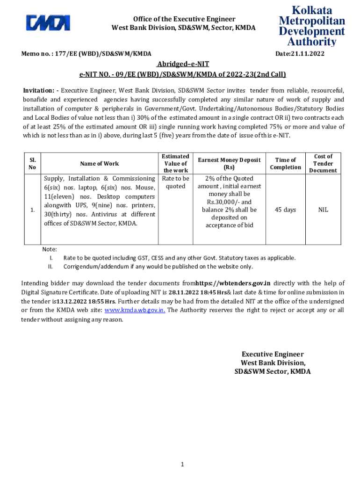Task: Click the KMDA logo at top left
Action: pyautogui.click(x=48, y=23)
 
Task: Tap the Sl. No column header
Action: pyautogui.click(x=32, y=163)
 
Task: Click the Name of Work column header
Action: pyautogui.click(x=100, y=163)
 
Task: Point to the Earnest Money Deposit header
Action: pyautogui.click(x=229, y=163)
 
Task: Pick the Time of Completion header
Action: pyautogui.click(x=285, y=163)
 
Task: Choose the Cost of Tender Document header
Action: pyautogui.click(x=323, y=163)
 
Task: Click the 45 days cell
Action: pyautogui.click(x=285, y=210)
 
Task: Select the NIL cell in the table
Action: pyautogui.click(x=323, y=210)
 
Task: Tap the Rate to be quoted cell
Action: pyautogui.click(x=175, y=182)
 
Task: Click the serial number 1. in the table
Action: pyautogui.click(x=32, y=210)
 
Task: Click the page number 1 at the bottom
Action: pyautogui.click(x=182, y=464)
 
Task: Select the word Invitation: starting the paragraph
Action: pyautogui.click(x=41, y=90)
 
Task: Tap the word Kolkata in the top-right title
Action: pyautogui.click(x=312, y=10)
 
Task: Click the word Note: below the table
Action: pyautogui.click(x=50, y=250)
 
